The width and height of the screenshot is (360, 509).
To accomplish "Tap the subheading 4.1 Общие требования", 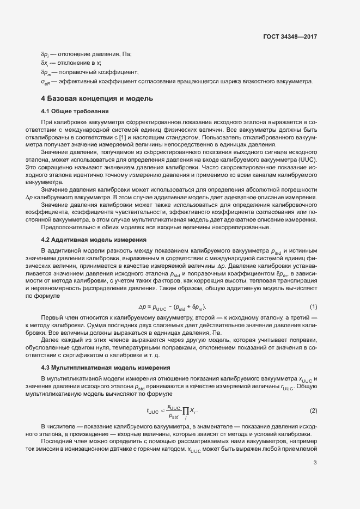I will (75, 111).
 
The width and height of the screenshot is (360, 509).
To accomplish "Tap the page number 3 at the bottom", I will (315, 463).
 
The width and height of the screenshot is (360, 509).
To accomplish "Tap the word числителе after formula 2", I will (65, 424).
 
